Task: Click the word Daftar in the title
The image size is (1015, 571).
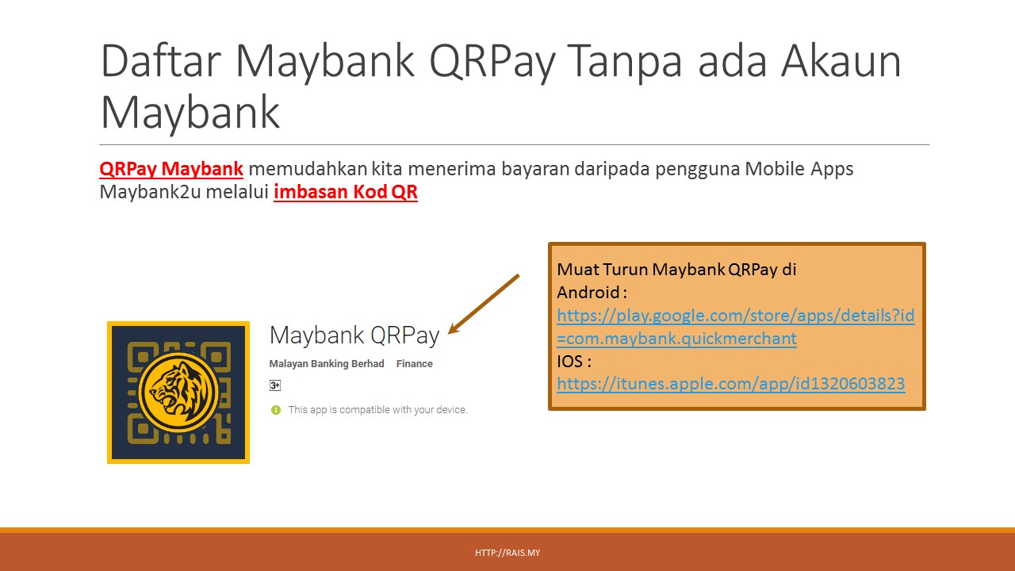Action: [x=161, y=61]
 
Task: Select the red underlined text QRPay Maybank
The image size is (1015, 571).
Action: [x=171, y=169]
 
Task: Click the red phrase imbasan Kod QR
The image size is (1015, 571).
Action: [x=345, y=192]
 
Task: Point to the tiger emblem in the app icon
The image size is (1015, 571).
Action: [x=178, y=392]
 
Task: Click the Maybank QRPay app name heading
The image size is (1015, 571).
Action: [x=354, y=335]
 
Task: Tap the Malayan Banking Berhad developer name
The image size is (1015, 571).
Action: [x=327, y=364]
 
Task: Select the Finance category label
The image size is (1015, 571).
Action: [x=414, y=364]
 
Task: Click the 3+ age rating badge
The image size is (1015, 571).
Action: [x=275, y=385]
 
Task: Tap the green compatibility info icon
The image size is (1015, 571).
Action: [x=275, y=410]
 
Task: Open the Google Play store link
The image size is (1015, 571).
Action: [x=735, y=327]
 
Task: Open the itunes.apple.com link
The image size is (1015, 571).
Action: [x=731, y=384]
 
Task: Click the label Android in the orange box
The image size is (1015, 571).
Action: [x=588, y=293]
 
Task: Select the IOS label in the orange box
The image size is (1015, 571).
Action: [x=569, y=362]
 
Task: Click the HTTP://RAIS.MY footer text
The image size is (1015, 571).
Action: [x=507, y=553]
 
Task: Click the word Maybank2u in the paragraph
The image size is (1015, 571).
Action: [x=150, y=192]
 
